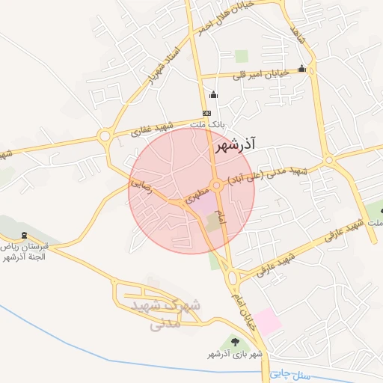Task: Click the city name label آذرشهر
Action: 235,147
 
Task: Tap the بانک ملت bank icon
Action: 206,114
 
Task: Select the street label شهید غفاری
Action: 153,127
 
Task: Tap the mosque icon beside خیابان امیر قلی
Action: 301,69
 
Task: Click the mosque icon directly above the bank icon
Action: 214,95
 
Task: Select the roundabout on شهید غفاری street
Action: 105,136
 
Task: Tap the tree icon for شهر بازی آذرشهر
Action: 236,341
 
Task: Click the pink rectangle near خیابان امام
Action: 267,321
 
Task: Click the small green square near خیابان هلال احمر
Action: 241,55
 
